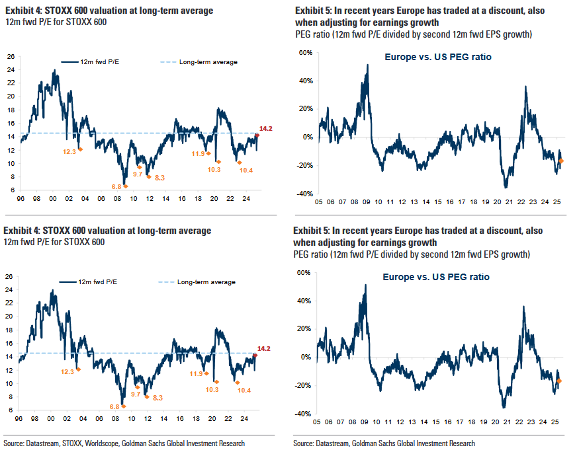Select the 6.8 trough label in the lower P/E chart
114,406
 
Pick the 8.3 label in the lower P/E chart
159,397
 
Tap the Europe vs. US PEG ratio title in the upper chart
438,57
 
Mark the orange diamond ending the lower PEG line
560,381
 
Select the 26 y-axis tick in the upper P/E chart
11,56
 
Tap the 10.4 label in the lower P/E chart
245,390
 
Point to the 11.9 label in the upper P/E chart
197,154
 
